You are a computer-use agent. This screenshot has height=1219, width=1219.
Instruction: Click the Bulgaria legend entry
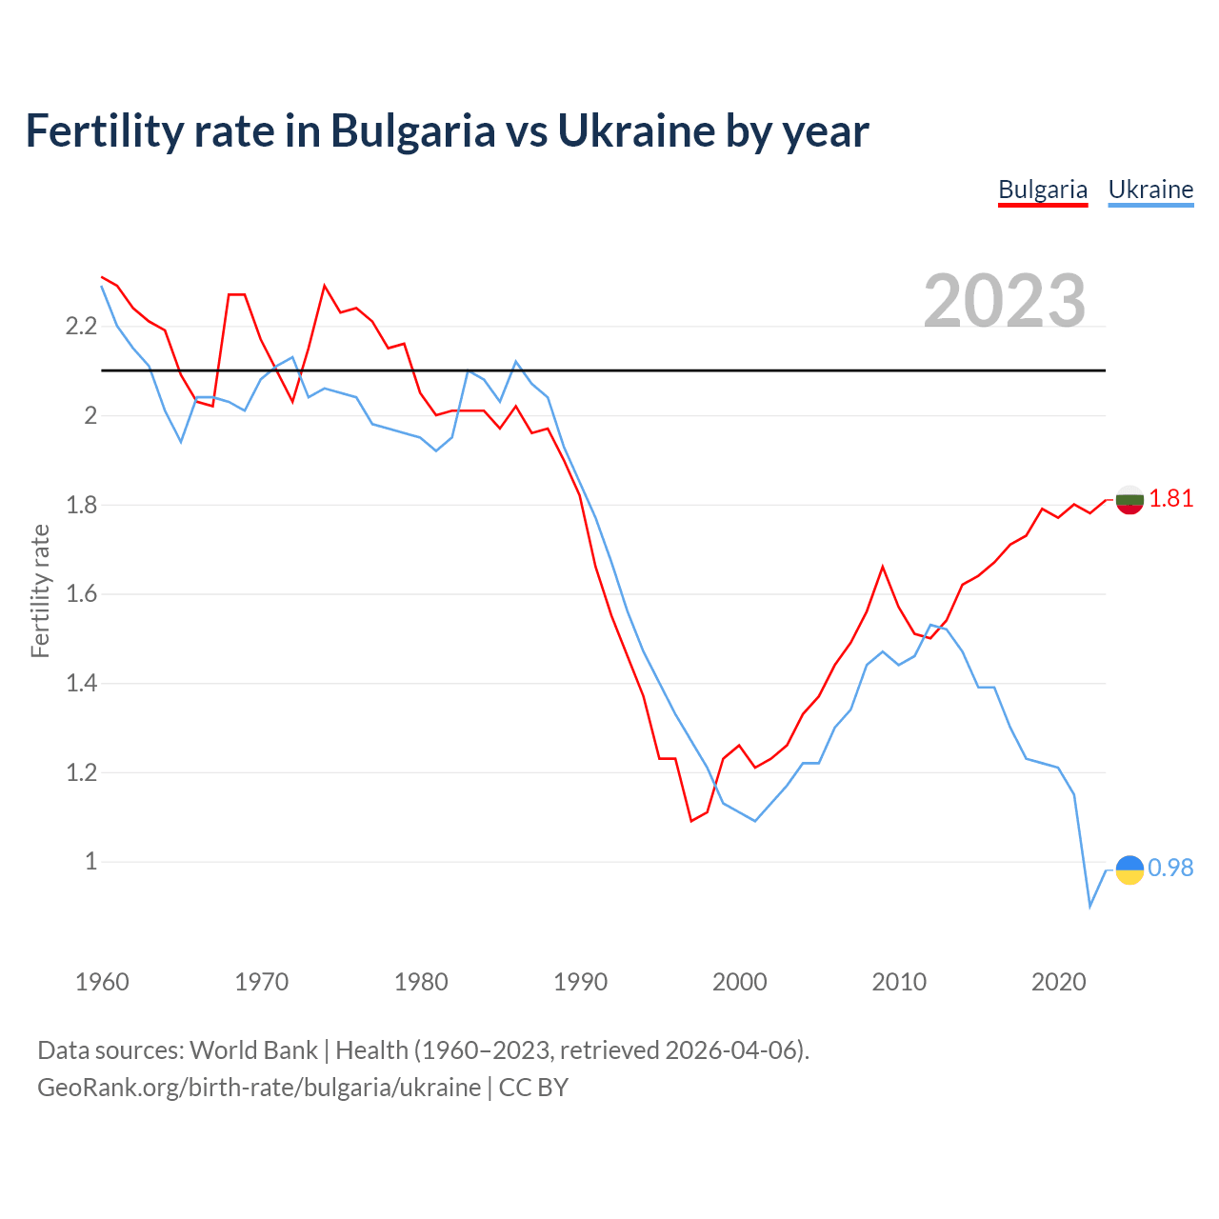click(x=1043, y=190)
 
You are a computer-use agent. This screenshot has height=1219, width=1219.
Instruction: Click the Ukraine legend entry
click(x=1150, y=190)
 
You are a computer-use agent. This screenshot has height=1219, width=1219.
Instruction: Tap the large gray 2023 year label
click(x=1005, y=301)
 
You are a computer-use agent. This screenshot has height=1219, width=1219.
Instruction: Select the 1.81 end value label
click(x=1170, y=498)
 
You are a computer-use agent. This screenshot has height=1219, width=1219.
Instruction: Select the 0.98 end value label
click(x=1170, y=868)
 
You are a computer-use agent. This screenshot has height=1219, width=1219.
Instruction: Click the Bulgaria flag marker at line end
click(x=1129, y=499)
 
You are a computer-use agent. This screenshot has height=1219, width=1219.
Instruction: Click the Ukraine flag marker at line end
click(x=1129, y=869)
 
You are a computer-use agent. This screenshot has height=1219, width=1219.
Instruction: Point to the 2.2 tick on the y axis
click(x=81, y=327)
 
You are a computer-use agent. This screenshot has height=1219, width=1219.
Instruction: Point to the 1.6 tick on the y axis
click(x=81, y=594)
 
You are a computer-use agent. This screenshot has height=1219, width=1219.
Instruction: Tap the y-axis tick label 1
click(x=91, y=862)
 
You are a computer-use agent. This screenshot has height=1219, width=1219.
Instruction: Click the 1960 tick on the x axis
click(x=102, y=982)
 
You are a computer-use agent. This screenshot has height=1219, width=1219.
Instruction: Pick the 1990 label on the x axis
click(x=580, y=982)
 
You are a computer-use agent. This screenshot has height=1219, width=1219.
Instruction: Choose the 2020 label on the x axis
click(x=1058, y=982)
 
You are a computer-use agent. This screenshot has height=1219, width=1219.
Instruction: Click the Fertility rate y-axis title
click(x=40, y=590)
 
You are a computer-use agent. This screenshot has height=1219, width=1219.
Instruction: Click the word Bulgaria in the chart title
click(x=413, y=130)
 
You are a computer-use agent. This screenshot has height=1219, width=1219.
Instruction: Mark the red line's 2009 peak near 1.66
click(x=883, y=567)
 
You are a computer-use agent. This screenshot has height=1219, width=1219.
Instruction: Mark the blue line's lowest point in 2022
click(x=1090, y=906)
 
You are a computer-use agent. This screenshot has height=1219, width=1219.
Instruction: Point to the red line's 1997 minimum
click(x=691, y=821)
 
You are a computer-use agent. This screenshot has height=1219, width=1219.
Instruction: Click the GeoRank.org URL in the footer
click(x=259, y=1087)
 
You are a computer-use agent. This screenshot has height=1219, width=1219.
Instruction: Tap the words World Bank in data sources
click(x=253, y=1050)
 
